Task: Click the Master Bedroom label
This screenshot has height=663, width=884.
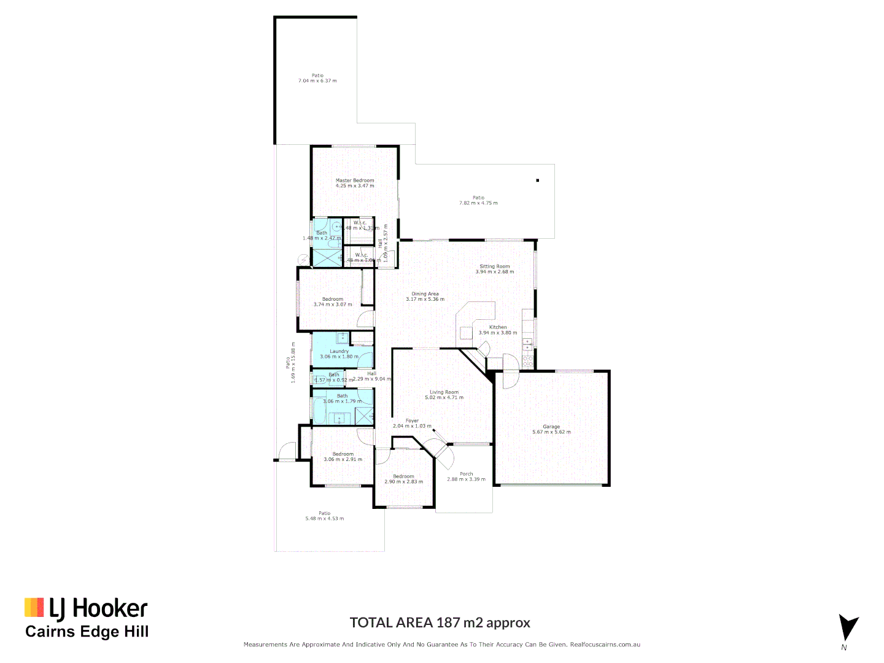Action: tap(355, 180)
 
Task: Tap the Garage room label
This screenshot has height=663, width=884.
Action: tap(551, 427)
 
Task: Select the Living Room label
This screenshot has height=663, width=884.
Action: tap(444, 392)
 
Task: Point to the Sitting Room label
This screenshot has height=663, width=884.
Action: tap(495, 266)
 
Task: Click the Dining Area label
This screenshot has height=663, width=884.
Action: tap(425, 294)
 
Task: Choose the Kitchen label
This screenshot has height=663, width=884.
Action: tap(498, 327)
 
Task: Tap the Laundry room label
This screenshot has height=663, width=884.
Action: tap(339, 352)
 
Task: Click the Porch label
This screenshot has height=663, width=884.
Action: tap(467, 474)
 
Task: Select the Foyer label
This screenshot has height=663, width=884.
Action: tap(412, 421)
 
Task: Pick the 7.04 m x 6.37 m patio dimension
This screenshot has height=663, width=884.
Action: tap(317, 81)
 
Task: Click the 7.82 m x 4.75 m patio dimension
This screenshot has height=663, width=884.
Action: tap(478, 203)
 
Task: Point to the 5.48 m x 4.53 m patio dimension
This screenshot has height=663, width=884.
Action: tap(325, 519)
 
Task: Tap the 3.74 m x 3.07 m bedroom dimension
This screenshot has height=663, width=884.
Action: tap(333, 304)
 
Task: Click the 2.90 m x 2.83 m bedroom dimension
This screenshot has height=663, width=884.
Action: tap(403, 482)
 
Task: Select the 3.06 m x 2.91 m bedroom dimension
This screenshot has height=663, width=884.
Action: tap(343, 459)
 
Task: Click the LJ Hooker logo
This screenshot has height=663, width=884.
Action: tap(87, 608)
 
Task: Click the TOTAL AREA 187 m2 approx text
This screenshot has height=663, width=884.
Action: tap(440, 622)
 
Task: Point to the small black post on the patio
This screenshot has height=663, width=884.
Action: tap(538, 180)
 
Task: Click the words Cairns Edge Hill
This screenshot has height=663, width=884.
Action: tap(87, 632)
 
